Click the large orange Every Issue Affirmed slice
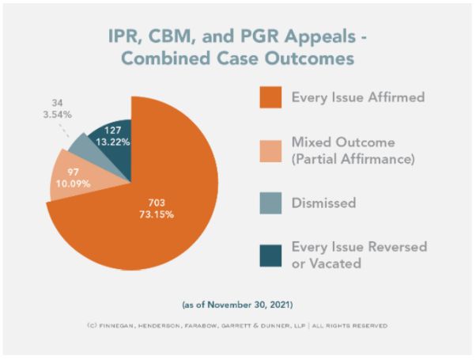coord(150,229)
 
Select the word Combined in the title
coord(172,59)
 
